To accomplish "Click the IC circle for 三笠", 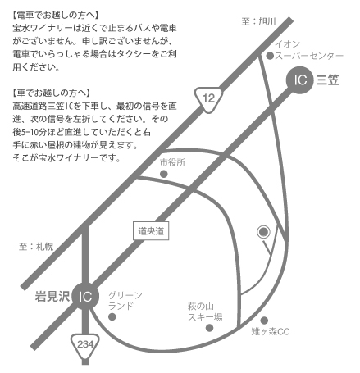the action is [x=299, y=80].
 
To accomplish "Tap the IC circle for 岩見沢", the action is [x=85, y=296].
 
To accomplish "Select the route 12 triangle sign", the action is [x=208, y=99].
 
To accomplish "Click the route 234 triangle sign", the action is [x=85, y=345].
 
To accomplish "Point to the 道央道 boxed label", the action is [x=151, y=231].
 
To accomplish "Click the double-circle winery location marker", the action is [x=263, y=232].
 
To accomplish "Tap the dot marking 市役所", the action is [x=163, y=174].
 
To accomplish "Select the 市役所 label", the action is [x=172, y=162].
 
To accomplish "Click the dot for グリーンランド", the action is [x=112, y=316].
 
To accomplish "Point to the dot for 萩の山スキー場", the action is [x=209, y=328].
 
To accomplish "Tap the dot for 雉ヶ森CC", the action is [x=264, y=321].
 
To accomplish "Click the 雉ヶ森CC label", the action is [x=271, y=332].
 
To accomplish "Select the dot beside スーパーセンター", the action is [x=270, y=56].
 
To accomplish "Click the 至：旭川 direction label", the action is [x=258, y=21].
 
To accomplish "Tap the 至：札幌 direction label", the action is [x=36, y=247].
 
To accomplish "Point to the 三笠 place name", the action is [x=328, y=80].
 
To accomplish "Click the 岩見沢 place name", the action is [x=52, y=296].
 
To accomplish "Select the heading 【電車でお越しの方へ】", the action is [x=55, y=15].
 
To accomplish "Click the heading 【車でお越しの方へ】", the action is [x=51, y=93].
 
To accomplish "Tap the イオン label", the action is [x=287, y=43].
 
